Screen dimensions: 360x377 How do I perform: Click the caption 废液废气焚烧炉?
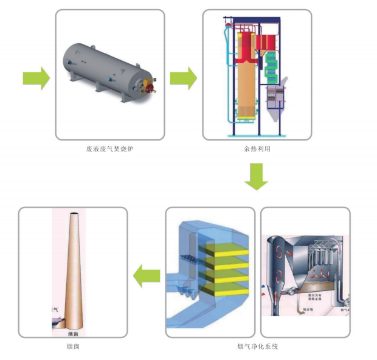click(109, 149)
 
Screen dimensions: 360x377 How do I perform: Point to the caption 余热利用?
click(256, 149)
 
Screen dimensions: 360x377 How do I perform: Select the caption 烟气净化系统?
click(258, 347)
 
